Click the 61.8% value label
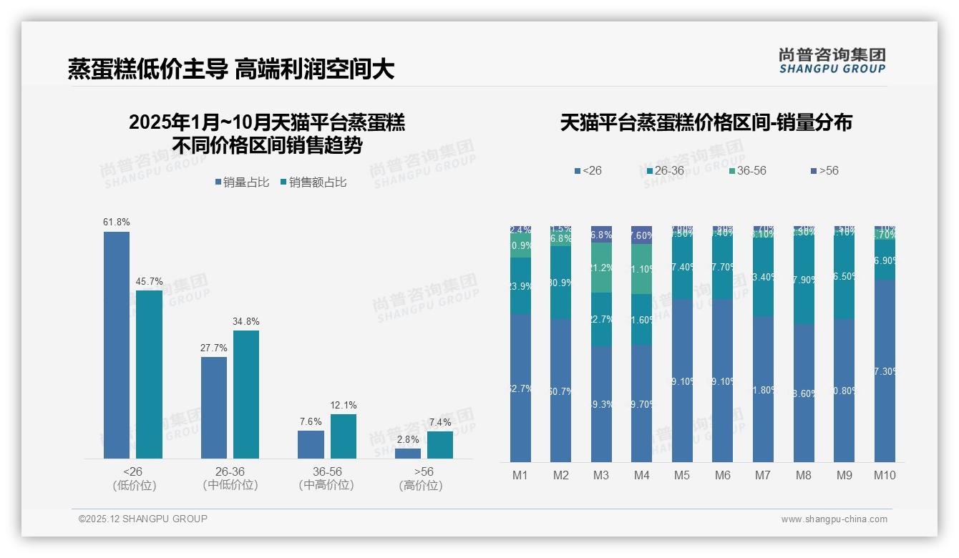[117, 222]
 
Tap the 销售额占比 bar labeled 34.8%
[246, 394]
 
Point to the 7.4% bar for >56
[440, 444]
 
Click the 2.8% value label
[408, 439]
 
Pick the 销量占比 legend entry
[242, 182]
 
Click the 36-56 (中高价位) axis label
[327, 479]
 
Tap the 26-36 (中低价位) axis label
[230, 479]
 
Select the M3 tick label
[601, 475]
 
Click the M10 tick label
[885, 475]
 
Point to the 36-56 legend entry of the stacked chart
[747, 171]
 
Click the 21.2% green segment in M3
[601, 268]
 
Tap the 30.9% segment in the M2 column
[561, 283]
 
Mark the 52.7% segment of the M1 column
[520, 388]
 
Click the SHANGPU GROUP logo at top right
[832, 60]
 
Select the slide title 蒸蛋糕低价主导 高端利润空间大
[231, 69]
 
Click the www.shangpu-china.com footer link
[834, 519]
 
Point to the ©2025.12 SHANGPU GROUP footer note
[143, 519]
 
